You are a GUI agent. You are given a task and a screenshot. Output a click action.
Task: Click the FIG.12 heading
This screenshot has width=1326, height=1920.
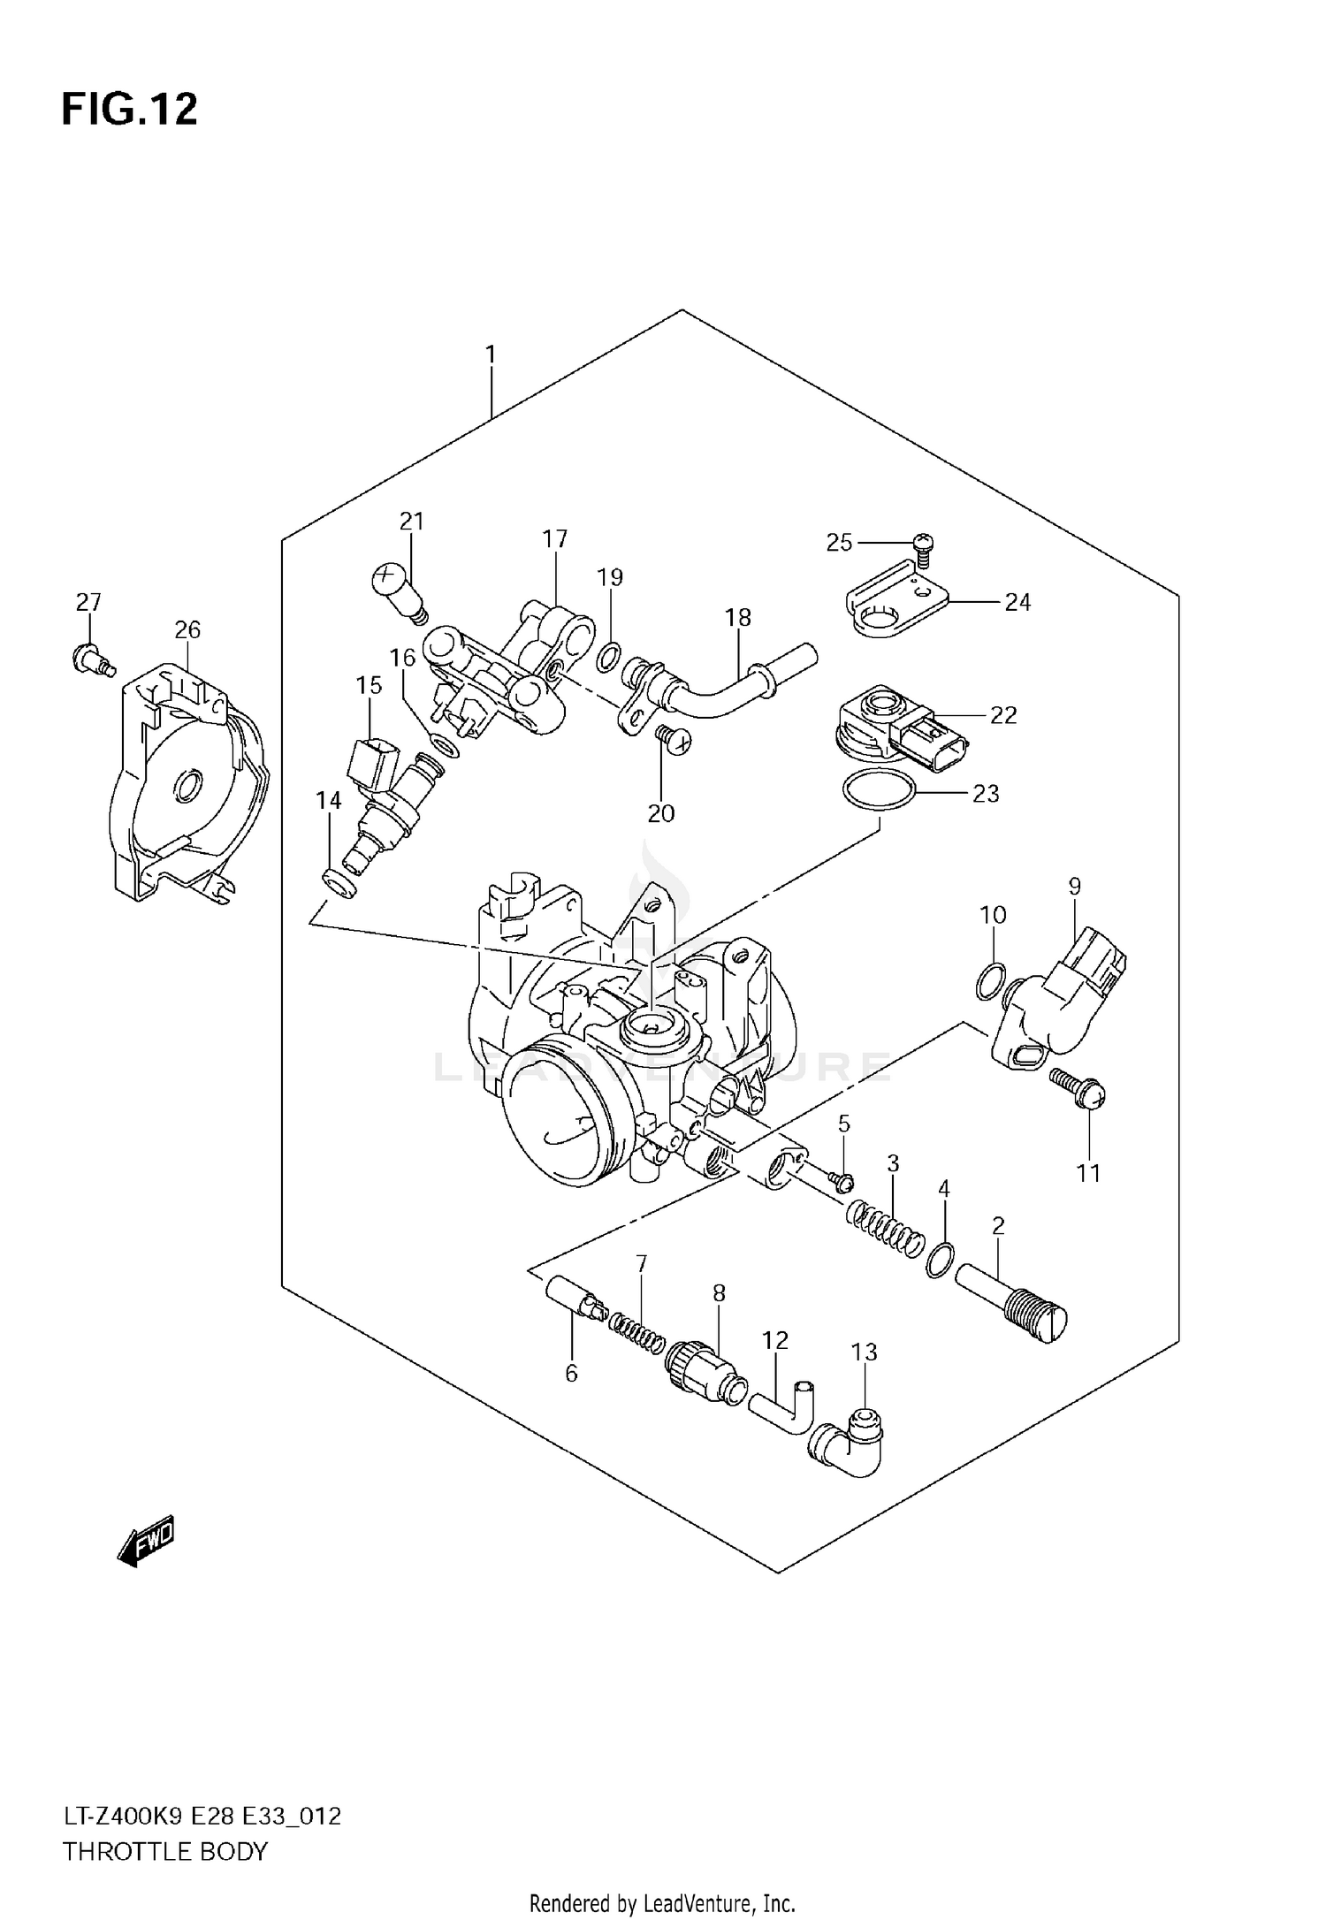pos(129,110)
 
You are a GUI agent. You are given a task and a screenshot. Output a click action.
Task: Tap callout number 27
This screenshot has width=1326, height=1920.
pos(88,603)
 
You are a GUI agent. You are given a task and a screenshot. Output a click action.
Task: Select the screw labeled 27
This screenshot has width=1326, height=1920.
pos(89,659)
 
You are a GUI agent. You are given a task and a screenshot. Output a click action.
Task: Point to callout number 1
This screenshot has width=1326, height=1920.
pos(491,355)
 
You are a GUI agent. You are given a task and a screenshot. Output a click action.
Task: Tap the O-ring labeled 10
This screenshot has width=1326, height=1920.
pos(992,982)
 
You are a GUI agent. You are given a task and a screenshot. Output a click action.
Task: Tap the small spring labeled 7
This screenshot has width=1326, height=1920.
pos(636,1333)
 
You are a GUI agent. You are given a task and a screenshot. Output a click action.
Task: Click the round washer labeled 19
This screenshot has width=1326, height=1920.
pos(607,658)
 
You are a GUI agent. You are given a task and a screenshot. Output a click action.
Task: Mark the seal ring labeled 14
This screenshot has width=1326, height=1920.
pos(339,882)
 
